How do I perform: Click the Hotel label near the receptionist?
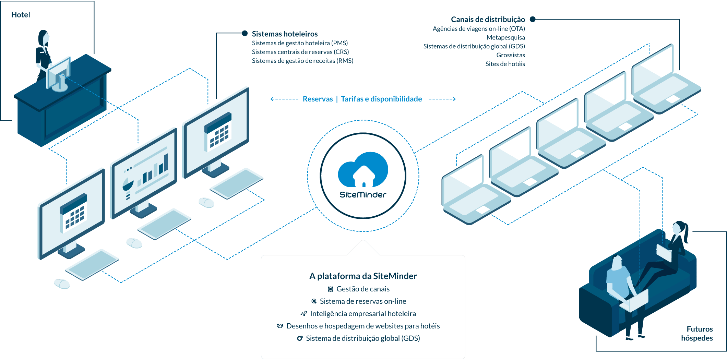(21, 15)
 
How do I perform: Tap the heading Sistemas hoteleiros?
(285, 34)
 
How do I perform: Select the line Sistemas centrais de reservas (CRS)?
(300, 52)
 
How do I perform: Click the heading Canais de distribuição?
(488, 20)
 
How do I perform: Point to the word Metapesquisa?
(505, 37)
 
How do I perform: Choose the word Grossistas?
(511, 55)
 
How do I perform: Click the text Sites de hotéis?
(505, 64)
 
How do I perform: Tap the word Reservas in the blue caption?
(318, 99)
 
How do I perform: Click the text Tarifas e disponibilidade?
(381, 99)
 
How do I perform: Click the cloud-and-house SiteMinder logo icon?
(363, 170)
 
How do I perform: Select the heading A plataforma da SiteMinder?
(363, 276)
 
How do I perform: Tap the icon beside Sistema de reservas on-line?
(314, 301)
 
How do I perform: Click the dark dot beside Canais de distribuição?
(533, 19)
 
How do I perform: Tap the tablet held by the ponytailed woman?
(664, 253)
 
